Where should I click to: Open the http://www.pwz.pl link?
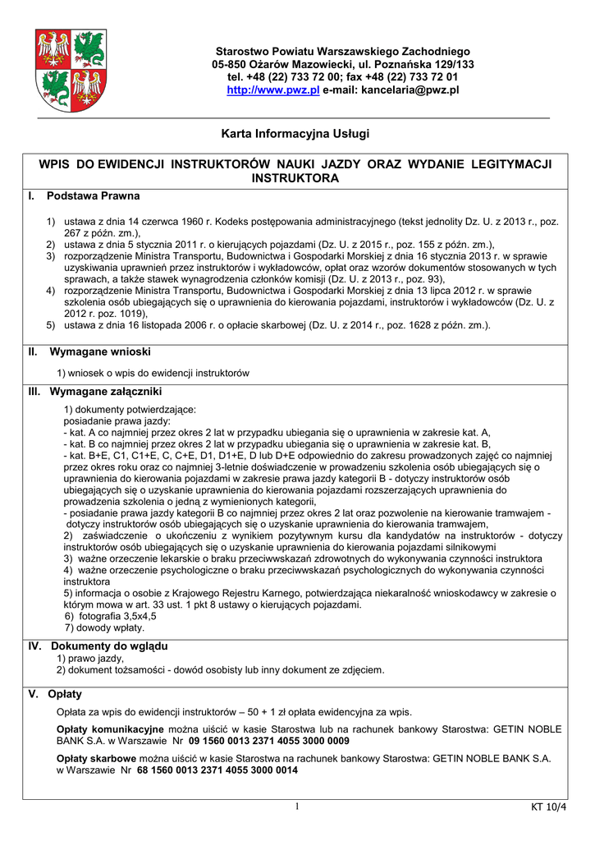pyautogui.click(x=272, y=90)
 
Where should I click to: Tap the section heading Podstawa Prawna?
pyautogui.click(x=93, y=196)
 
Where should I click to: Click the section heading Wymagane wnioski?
pyautogui.click(x=100, y=352)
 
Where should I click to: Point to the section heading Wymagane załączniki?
pyautogui.click(x=106, y=391)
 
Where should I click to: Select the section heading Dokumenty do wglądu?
pyautogui.click(x=109, y=646)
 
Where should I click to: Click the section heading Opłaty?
pyautogui.click(x=65, y=694)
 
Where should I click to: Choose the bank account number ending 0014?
pyautogui.click(x=217, y=771)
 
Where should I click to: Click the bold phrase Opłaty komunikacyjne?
pyautogui.click(x=110, y=729)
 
